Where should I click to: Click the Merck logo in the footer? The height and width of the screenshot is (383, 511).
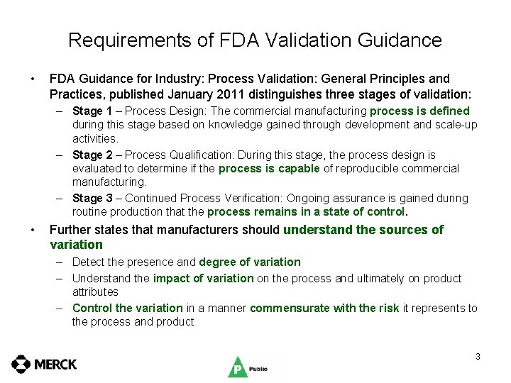[x=44, y=364]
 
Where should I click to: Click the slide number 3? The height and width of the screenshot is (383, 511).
[x=478, y=356]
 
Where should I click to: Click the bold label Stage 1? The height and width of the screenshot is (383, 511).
[x=87, y=111]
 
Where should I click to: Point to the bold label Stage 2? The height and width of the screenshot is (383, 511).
[x=87, y=155]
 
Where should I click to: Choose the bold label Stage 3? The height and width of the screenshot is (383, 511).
[x=87, y=199]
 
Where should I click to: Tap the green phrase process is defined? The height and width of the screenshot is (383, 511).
[x=419, y=111]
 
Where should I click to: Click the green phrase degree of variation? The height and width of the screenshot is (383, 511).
[x=250, y=262]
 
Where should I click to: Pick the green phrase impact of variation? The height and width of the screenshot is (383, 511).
[x=203, y=279]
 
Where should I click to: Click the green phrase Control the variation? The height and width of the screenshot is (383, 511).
[x=127, y=308]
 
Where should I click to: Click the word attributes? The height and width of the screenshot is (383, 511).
[x=95, y=292]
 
